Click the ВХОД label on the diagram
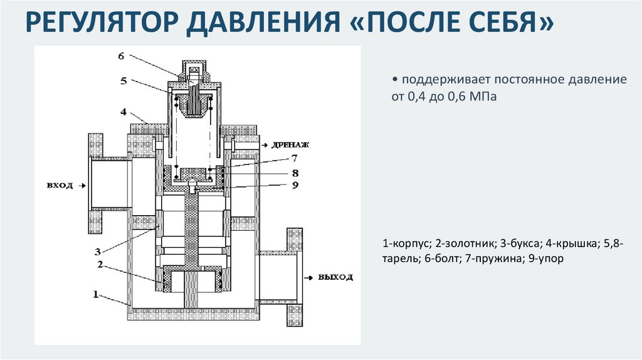60,185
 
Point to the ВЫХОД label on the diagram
335,277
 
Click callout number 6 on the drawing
121,56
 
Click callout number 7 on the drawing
294,158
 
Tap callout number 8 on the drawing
294,172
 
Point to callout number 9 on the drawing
294,185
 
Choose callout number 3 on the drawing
98,251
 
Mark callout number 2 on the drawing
100,264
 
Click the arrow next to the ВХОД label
80,185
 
